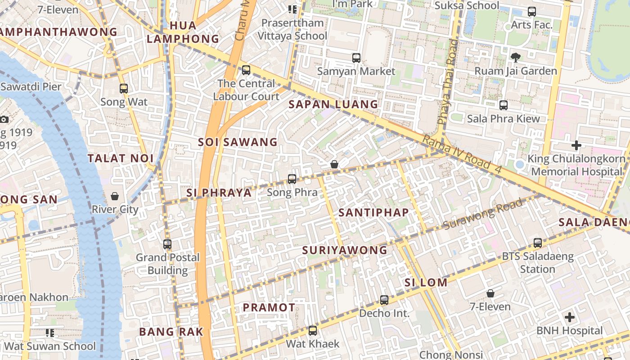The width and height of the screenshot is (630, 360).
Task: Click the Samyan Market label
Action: tap(356, 71)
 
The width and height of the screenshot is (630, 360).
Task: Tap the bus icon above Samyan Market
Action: tap(356, 58)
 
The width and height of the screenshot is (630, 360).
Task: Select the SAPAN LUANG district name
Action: tap(333, 104)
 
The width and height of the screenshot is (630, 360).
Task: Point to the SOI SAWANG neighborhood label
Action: tap(238, 142)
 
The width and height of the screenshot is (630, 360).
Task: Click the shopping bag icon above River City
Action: tap(115, 196)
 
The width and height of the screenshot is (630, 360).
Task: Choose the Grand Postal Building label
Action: tap(168, 264)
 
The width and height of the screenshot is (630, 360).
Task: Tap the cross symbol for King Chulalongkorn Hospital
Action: tap(576, 145)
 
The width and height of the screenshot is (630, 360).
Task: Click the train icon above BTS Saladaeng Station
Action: tap(537, 243)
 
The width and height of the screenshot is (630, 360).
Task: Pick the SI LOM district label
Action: tap(426, 283)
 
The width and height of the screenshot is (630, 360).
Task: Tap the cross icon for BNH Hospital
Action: tap(570, 317)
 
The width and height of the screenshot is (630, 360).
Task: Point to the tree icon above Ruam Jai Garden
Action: tap(516, 57)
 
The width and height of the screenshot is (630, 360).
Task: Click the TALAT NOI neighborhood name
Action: tap(121, 158)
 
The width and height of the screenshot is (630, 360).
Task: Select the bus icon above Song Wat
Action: tap(124, 88)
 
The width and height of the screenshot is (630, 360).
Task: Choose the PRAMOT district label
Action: tap(269, 308)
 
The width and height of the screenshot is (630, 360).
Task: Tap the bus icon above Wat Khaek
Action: tap(313, 331)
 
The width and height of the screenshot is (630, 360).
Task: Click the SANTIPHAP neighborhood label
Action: tap(373, 212)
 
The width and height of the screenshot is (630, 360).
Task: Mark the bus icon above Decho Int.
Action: tap(384, 300)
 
